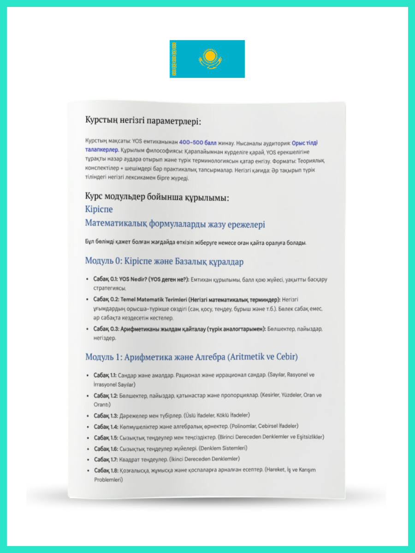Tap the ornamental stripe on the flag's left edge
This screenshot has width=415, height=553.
click(174, 59)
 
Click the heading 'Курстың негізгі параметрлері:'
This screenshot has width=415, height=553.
click(143, 121)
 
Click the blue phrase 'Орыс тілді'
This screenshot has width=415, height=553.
click(304, 143)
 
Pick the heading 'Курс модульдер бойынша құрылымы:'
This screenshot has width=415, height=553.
click(157, 197)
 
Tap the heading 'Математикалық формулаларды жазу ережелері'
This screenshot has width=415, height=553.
click(175, 224)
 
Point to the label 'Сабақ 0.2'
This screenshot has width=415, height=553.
click(106, 299)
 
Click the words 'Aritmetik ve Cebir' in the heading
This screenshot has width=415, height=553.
click(262, 357)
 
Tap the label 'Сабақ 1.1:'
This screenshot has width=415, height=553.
click(105, 375)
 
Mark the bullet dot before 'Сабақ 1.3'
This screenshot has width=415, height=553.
click(88, 415)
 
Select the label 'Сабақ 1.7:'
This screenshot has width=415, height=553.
click(105, 459)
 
